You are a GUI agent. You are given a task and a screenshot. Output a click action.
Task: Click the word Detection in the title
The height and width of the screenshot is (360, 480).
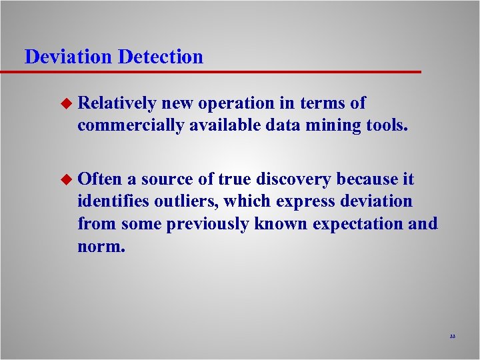click(x=161, y=57)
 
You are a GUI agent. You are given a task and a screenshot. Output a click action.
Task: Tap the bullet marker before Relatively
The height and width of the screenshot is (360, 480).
click(x=65, y=103)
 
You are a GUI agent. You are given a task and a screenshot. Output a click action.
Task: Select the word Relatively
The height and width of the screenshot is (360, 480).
click(x=117, y=103)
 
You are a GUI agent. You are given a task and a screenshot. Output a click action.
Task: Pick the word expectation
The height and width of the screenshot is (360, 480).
click(x=352, y=223)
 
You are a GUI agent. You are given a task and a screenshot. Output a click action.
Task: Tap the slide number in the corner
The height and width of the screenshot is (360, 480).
click(x=452, y=337)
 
